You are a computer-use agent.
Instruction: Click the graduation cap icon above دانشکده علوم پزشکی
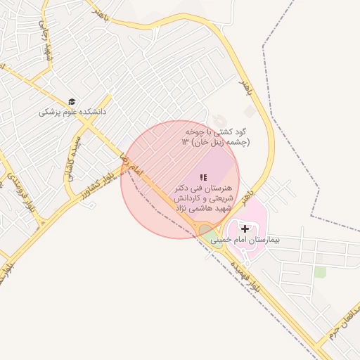tap(72, 101)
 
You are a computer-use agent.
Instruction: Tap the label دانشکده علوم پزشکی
tap(72, 111)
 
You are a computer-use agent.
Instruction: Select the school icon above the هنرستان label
tap(202, 177)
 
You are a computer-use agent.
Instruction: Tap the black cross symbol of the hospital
tap(245, 229)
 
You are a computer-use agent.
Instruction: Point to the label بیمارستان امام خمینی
tap(245, 240)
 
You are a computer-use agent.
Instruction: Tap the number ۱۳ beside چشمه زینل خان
tap(185, 142)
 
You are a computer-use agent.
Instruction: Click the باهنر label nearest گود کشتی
tap(244, 89)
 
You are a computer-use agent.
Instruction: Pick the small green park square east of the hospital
tap(321, 271)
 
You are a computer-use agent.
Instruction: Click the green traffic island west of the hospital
tap(207, 233)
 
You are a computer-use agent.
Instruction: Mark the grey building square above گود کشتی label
tap(250, 111)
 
